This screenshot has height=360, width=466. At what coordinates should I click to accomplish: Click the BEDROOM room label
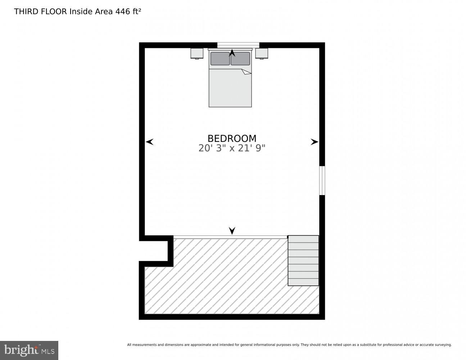click(x=232, y=138)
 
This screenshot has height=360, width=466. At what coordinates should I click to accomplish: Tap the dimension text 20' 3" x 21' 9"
click(x=232, y=148)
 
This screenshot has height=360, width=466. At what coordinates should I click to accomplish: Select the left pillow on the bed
click(x=220, y=59)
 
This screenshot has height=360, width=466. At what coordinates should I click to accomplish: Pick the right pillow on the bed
click(x=240, y=59)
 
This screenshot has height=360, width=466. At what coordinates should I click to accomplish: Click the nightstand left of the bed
click(x=197, y=53)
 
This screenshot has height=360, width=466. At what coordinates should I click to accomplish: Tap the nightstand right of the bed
click(x=262, y=53)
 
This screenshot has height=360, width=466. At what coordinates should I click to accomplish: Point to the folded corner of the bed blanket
click(x=246, y=72)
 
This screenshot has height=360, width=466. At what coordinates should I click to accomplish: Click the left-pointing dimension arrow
click(x=150, y=142)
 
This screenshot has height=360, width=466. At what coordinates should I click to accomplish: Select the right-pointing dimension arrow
click(x=314, y=142)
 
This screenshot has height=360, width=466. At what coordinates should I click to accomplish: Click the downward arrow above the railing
click(x=232, y=230)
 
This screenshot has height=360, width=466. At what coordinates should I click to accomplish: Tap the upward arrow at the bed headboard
click(x=232, y=53)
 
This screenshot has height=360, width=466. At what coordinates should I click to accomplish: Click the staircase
click(x=303, y=260)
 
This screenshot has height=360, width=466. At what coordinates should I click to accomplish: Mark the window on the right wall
click(x=322, y=180)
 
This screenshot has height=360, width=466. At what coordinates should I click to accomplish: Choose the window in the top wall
click(x=238, y=45)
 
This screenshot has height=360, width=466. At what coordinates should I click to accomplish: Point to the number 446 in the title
click(x=123, y=12)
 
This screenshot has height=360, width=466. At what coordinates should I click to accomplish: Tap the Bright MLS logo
click(x=29, y=350)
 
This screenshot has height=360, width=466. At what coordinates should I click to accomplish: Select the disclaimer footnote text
click(x=289, y=345)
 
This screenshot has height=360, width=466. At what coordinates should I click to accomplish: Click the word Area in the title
click(x=104, y=12)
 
